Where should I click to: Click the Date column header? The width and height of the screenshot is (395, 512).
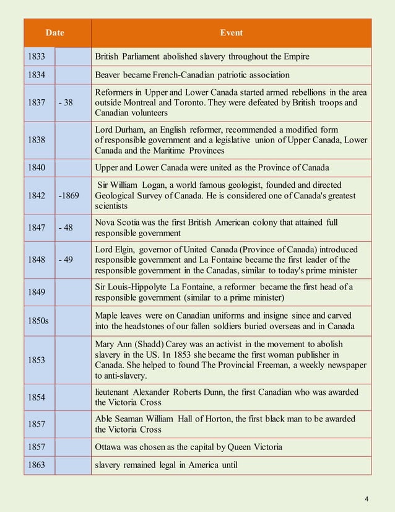click(57, 33)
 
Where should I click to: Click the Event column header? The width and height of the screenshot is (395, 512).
click(232, 33)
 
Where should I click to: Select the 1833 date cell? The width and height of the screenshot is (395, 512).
click(36, 57)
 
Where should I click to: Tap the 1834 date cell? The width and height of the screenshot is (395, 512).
click(36, 75)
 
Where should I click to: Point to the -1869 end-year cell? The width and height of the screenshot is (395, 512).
click(69, 195)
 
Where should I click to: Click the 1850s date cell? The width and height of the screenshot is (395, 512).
click(38, 320)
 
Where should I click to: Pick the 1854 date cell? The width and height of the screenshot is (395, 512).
click(36, 397)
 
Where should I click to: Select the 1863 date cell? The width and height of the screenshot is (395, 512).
click(36, 466)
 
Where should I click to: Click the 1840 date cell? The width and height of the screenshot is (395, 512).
click(36, 167)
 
